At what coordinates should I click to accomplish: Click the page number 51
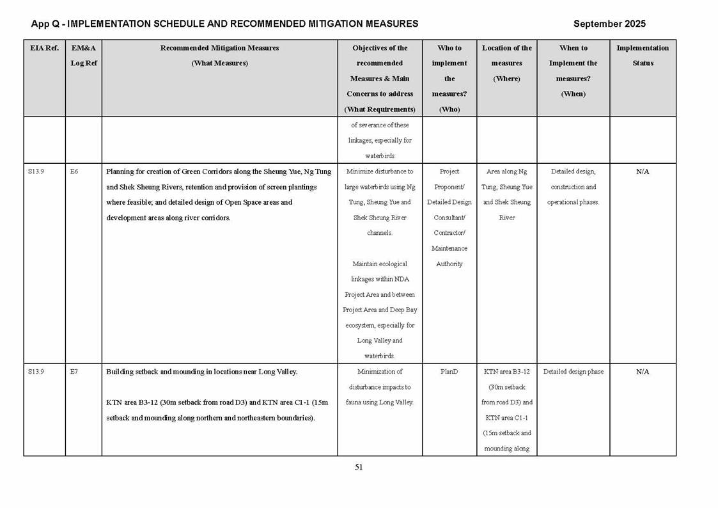pyautogui.click(x=359, y=467)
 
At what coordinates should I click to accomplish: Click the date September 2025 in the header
pyautogui.click(x=609, y=24)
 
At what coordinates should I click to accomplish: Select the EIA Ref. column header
pyautogui.click(x=44, y=48)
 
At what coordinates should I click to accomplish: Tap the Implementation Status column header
pyautogui.click(x=643, y=56)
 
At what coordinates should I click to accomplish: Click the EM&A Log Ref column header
pyautogui.click(x=83, y=56)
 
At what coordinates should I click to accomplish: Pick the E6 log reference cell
pyautogui.click(x=74, y=171)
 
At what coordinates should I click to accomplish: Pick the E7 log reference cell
pyautogui.click(x=74, y=372)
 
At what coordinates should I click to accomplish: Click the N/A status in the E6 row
pyautogui.click(x=643, y=171)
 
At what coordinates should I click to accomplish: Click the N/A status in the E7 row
pyautogui.click(x=643, y=372)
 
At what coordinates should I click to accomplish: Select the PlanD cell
pyautogui.click(x=449, y=372)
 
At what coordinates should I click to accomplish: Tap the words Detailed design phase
pyautogui.click(x=573, y=372)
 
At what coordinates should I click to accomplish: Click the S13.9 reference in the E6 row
pyautogui.click(x=36, y=171)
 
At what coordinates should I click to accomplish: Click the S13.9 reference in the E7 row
pyautogui.click(x=36, y=372)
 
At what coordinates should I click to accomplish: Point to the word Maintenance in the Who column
pyautogui.click(x=449, y=248)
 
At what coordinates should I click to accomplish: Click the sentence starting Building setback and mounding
pyautogui.click(x=201, y=372)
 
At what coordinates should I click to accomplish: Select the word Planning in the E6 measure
pyautogui.click(x=120, y=171)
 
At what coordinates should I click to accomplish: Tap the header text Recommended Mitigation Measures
pyautogui.click(x=219, y=48)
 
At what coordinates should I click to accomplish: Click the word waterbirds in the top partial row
pyautogui.click(x=380, y=155)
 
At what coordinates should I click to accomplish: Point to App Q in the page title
pyautogui.click(x=46, y=24)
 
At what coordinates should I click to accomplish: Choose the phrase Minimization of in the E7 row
pyautogui.click(x=380, y=372)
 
